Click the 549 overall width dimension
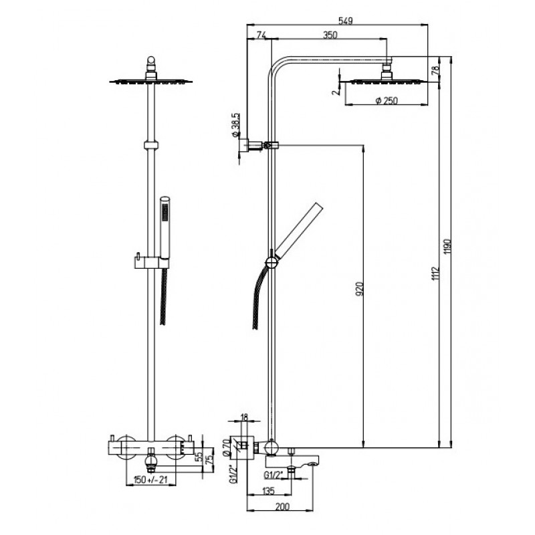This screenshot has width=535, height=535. click(345, 21)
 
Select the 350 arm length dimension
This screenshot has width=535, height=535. click(330, 35)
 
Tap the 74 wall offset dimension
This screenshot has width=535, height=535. click(261, 35)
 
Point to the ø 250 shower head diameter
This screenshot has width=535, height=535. click(387, 101)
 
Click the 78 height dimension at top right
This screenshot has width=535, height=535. click(435, 70)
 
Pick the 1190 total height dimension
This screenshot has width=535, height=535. click(447, 246)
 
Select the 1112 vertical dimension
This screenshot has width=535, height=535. click(435, 274)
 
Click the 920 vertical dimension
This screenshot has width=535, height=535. click(360, 289)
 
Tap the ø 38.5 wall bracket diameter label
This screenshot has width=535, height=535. click(235, 125)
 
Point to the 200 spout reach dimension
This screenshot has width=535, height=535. click(282, 506)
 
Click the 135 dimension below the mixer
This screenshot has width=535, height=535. click(268, 491)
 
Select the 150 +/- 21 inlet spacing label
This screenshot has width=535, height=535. click(150, 479)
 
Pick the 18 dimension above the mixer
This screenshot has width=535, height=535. click(244, 417)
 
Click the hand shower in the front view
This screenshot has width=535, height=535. click(165, 229)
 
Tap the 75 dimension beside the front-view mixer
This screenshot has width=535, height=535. click(211, 459)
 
